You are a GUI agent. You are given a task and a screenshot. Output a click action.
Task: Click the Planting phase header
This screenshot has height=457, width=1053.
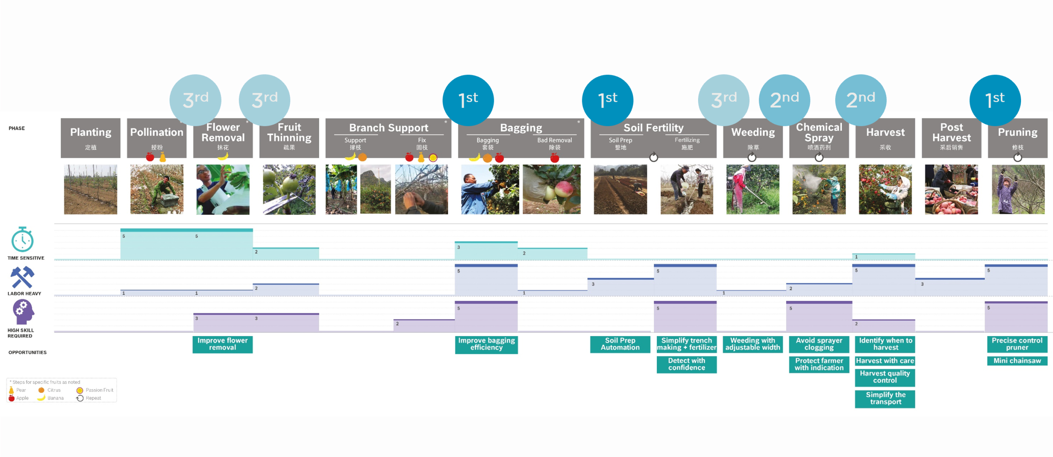click(x=90, y=138)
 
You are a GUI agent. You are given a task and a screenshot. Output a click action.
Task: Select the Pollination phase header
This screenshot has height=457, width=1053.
click(x=156, y=138)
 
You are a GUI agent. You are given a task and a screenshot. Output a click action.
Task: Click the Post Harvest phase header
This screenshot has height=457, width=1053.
click(x=951, y=138)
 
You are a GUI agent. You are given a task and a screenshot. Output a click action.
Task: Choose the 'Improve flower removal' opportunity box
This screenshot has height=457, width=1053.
click(x=222, y=344)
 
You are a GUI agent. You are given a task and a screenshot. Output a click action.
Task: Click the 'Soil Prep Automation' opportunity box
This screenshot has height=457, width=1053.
click(x=620, y=344)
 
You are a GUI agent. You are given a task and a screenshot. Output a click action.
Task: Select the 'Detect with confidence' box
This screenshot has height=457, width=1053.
click(x=686, y=364)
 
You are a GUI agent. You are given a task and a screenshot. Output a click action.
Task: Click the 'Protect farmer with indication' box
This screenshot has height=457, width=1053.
click(x=819, y=364)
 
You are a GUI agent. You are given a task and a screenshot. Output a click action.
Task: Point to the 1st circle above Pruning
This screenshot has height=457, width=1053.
click(x=995, y=100)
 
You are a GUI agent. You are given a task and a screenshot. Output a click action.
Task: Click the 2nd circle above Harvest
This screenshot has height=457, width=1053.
click(x=860, y=100)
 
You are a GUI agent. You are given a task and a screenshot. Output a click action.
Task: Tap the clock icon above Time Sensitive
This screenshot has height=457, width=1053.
click(x=22, y=240)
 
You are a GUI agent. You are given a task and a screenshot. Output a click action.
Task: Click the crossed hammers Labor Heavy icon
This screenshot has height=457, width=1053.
click(x=22, y=278)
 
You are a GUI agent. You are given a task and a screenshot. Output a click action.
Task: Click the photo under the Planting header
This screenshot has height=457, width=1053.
click(x=90, y=189)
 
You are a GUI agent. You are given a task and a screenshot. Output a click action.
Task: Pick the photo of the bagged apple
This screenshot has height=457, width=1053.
click(x=552, y=189)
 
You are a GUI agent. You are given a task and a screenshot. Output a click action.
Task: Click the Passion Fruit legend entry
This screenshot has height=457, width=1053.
click(x=95, y=390)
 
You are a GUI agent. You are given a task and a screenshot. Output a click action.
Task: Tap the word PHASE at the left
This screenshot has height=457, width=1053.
click(x=17, y=128)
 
